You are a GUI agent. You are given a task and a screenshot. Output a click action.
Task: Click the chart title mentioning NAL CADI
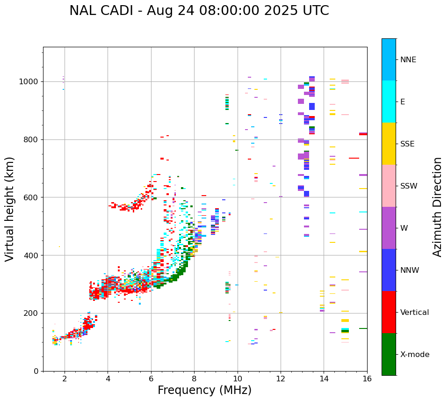[199, 11]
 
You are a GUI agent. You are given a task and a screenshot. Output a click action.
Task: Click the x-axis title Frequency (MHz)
[204, 390]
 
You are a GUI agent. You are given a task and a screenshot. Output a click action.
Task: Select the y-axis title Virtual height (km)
[10, 209]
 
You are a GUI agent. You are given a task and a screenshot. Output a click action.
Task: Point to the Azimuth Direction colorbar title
[437, 207]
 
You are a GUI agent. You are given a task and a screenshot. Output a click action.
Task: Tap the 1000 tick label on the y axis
[29, 82]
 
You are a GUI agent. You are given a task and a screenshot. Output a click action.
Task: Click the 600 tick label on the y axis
[31, 197]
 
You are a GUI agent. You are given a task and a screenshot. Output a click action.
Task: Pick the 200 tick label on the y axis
[31, 314]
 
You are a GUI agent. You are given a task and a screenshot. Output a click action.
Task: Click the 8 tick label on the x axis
[194, 379]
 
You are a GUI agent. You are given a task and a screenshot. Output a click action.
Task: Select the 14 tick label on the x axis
[324, 379]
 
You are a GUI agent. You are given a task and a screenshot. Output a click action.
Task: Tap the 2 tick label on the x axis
[65, 379]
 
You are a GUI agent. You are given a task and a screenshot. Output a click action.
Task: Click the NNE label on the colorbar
[408, 60]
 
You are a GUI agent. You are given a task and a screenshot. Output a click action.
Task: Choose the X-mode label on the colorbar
[414, 355]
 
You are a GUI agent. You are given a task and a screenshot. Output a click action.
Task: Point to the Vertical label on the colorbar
[414, 313]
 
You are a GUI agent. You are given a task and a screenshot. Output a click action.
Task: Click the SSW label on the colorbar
[409, 186]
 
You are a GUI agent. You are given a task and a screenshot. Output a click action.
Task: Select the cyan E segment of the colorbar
[389, 102]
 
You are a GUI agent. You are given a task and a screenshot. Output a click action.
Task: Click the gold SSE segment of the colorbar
[389, 144]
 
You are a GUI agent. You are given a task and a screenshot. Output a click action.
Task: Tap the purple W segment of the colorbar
[389, 228]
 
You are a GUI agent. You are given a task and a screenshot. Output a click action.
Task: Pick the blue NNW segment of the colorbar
[389, 270]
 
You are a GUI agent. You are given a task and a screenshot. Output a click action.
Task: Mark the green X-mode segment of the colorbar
[389, 354]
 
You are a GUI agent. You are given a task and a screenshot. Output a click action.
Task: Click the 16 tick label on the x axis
[367, 379]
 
